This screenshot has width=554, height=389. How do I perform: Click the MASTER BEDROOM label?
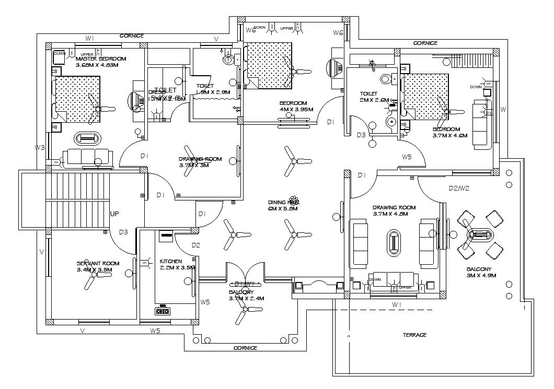[101, 58]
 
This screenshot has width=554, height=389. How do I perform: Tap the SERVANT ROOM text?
[98, 263]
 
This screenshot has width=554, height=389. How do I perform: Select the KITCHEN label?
[171, 261]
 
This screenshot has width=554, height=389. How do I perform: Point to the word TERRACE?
[415, 335]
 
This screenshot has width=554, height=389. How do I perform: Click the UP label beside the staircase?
[115, 214]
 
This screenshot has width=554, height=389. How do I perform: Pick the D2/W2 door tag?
[459, 188]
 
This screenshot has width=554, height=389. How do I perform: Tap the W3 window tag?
[40, 148]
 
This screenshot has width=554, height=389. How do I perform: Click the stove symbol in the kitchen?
[163, 311]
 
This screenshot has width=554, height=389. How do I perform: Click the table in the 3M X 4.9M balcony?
[479, 234]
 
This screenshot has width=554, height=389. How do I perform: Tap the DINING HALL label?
[283, 202]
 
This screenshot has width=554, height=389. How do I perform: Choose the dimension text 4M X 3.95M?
[296, 110]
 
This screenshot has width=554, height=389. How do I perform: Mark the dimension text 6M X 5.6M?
[282, 208]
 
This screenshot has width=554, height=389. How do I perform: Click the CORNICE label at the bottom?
[245, 347]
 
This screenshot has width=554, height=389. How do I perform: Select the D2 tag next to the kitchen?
[196, 245]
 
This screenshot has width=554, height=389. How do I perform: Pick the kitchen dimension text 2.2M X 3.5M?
[177, 267]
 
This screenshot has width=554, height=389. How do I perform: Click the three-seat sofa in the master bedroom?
[89, 158]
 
